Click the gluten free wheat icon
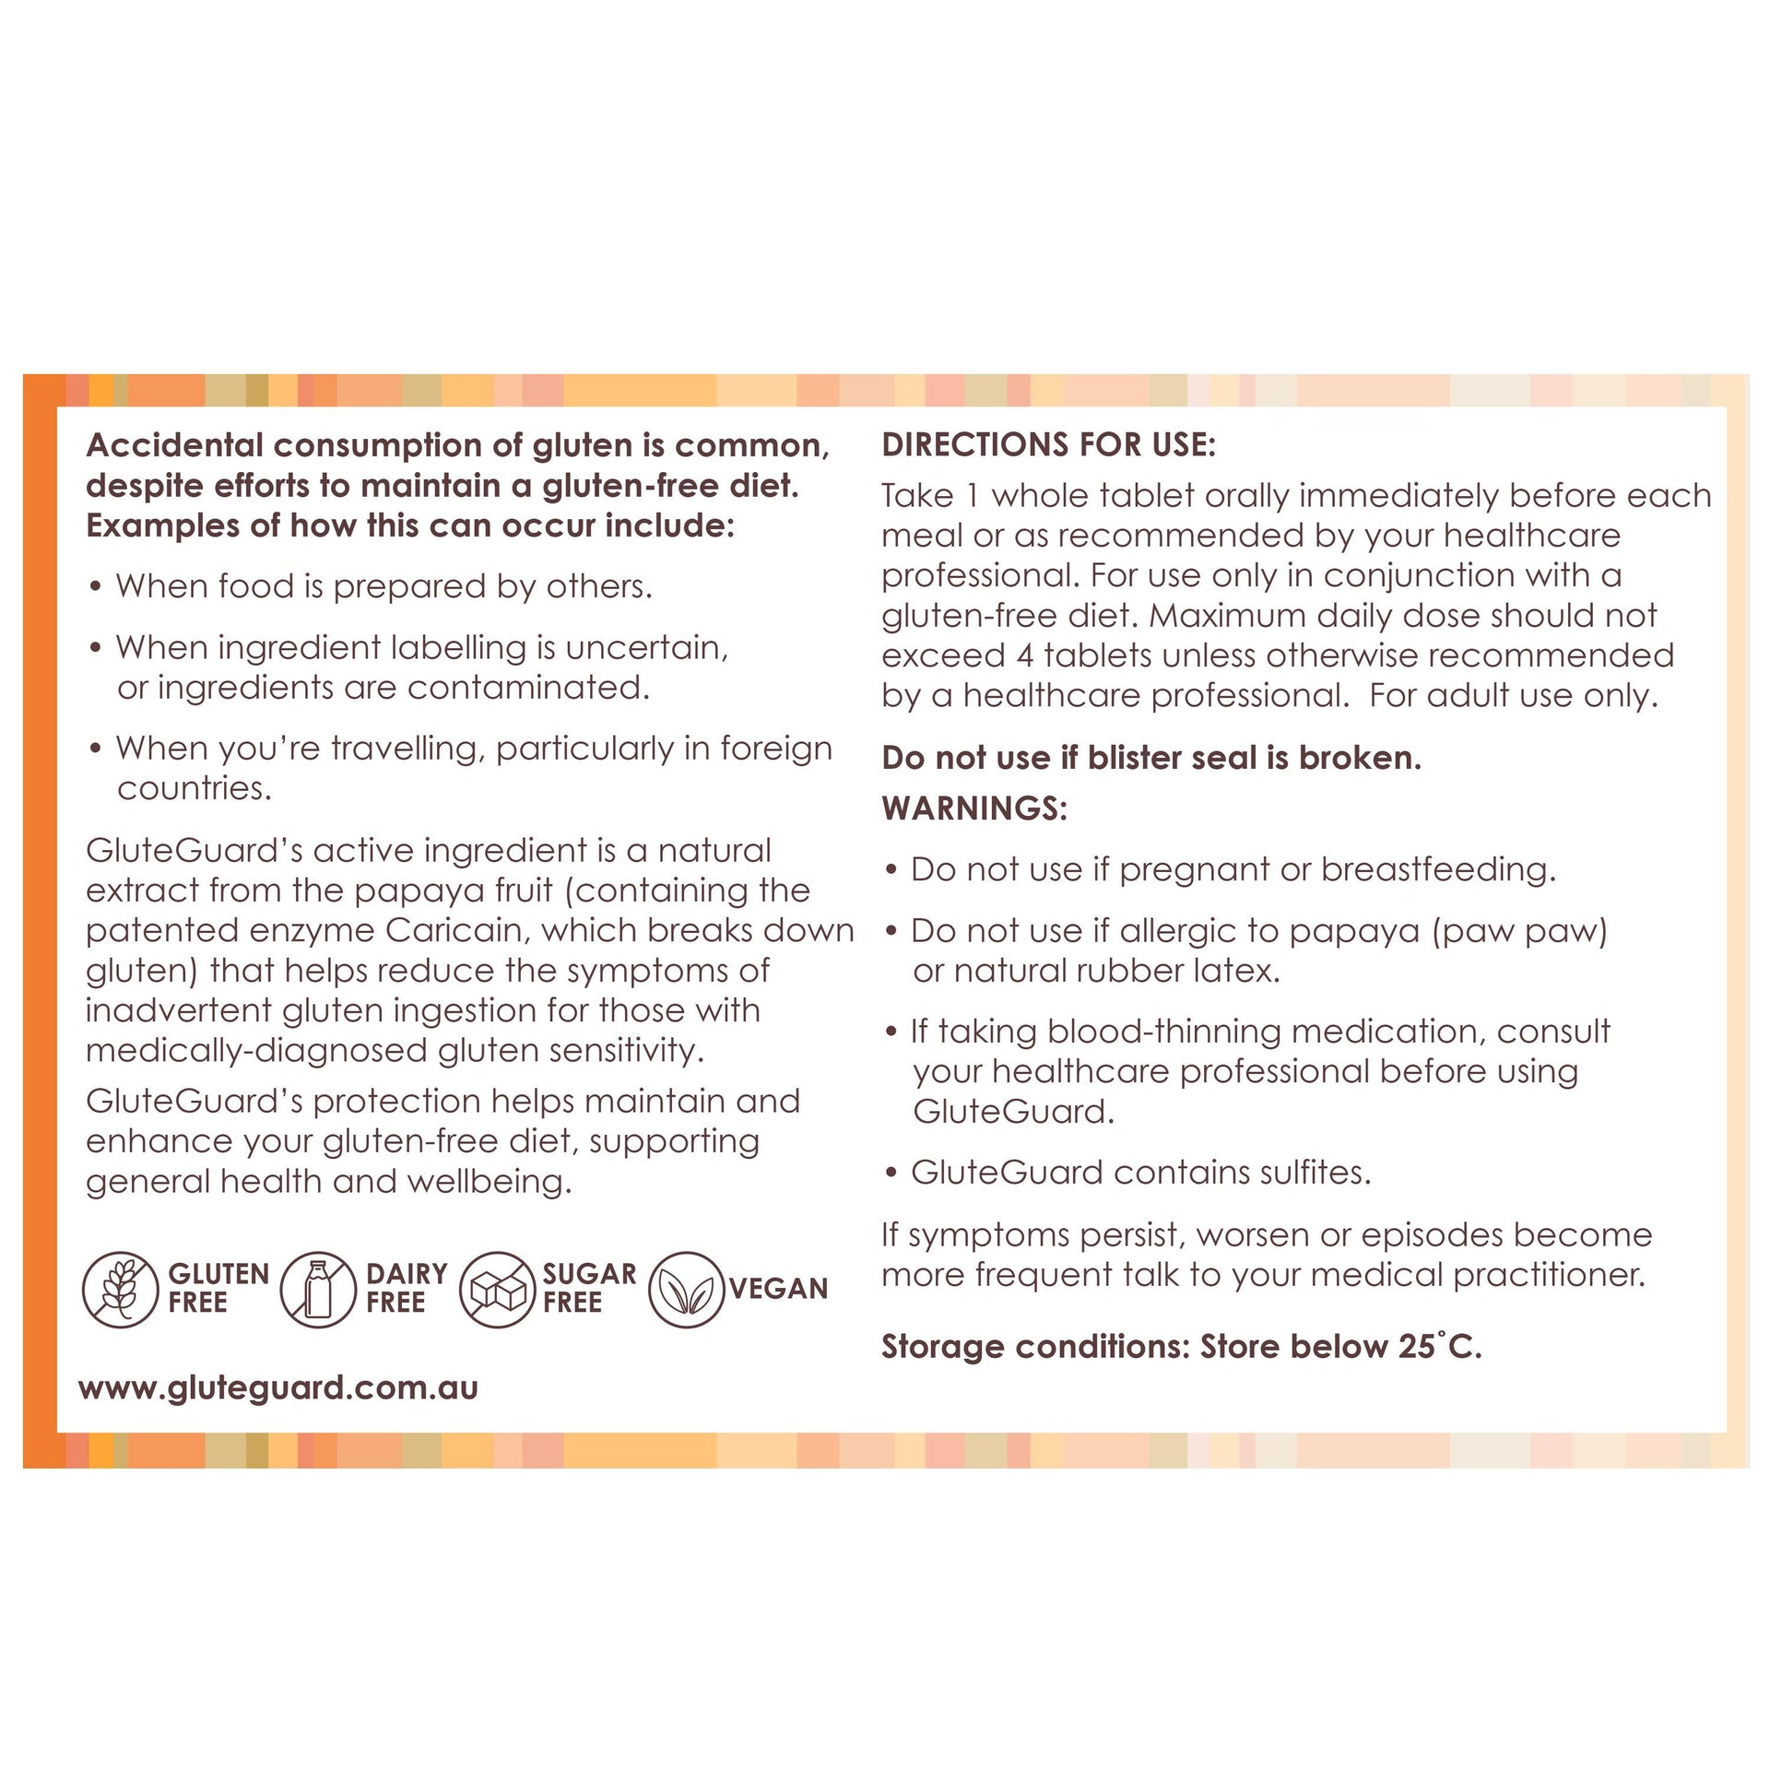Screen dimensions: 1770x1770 [121, 1289]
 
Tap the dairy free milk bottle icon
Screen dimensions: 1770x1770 [318, 1289]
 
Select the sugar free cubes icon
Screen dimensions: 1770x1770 [498, 1289]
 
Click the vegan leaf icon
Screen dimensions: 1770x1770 [687, 1289]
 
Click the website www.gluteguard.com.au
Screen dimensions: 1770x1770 [278, 1388]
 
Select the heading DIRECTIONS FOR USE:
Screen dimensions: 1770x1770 [1049, 445]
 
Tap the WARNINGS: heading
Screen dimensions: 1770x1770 [974, 808]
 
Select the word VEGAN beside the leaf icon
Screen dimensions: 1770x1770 [779, 1289]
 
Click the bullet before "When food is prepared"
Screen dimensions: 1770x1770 [95, 588]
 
